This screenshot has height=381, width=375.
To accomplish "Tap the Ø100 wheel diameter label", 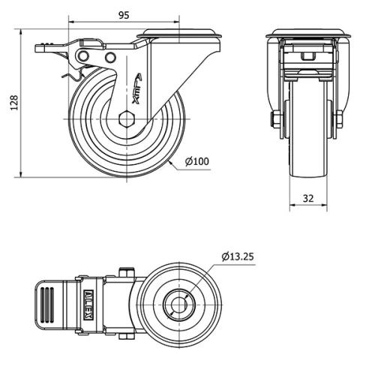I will (197, 161).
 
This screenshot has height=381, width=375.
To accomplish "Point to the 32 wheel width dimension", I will (307, 198).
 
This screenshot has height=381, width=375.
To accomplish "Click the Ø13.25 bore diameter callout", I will (238, 256).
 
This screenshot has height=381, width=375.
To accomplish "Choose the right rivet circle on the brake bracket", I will (110, 58).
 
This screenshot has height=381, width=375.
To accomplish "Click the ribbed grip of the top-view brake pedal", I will (46, 304).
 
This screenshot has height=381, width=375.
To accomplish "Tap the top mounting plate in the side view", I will (180, 33).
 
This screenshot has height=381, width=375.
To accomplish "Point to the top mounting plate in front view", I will (307, 33).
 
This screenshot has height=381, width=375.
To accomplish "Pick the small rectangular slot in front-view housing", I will (307, 56).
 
